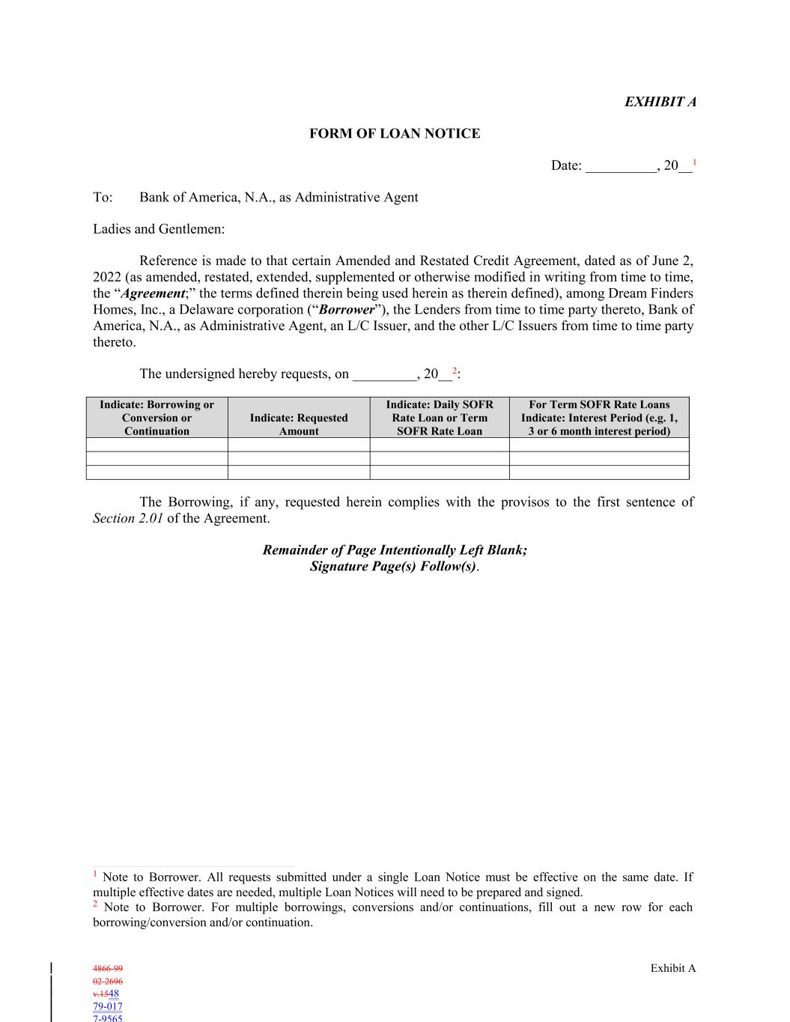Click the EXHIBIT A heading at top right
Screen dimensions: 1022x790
click(x=660, y=102)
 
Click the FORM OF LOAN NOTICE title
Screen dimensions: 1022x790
click(x=395, y=134)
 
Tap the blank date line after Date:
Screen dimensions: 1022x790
click(x=621, y=166)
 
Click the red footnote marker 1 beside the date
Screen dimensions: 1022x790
click(x=695, y=162)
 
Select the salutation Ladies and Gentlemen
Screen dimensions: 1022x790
click(x=159, y=229)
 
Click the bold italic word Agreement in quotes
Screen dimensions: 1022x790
click(x=154, y=293)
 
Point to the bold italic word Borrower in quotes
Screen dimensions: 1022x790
click(x=346, y=310)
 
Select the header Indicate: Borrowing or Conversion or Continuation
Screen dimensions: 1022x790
click(x=157, y=417)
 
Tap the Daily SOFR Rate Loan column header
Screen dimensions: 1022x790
click(x=440, y=417)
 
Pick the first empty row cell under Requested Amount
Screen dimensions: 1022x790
click(x=299, y=445)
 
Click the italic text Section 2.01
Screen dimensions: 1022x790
click(x=128, y=518)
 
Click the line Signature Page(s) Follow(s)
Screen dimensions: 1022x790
click(x=393, y=566)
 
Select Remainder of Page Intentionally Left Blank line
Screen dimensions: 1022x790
click(x=395, y=550)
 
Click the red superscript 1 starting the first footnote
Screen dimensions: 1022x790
click(x=95, y=874)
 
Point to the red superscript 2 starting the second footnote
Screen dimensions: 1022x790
click(x=95, y=904)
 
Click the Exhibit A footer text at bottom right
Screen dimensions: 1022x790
click(x=673, y=968)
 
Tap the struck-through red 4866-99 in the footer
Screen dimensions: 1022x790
click(x=108, y=968)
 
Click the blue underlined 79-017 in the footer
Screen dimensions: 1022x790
click(x=108, y=1006)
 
